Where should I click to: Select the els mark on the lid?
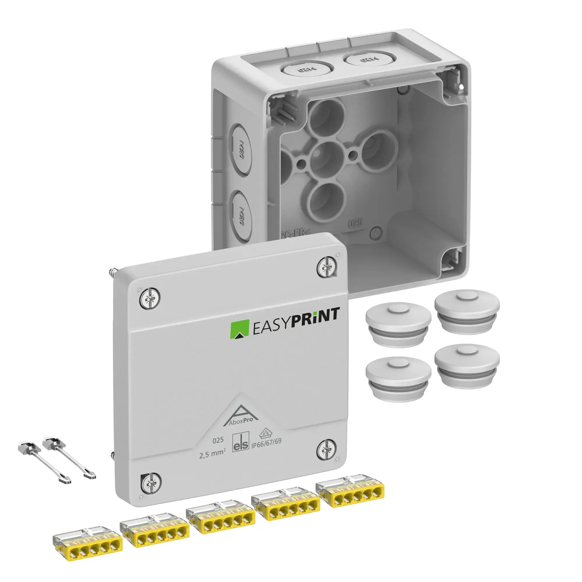point(241,442)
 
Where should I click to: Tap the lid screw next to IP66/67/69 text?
point(326,450)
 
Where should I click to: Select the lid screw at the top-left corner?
point(150,299)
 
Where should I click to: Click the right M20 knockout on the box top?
point(365,59)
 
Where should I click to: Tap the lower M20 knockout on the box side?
point(241,215)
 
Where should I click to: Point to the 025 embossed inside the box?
point(355,223)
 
